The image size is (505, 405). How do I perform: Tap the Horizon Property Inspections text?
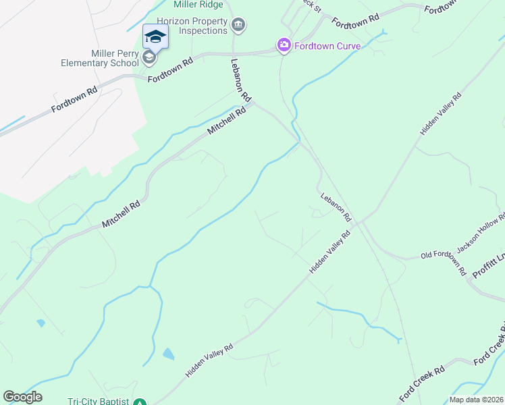[192, 26]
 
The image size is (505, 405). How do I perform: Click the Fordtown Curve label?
[329, 46]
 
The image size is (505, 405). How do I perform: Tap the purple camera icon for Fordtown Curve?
[284, 46]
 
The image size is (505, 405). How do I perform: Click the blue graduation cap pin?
[155, 36]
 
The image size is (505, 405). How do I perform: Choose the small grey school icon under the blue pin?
[149, 57]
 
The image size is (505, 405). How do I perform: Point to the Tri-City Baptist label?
[98, 401]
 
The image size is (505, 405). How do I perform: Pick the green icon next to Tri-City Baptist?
[139, 402]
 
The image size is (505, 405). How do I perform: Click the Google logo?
[22, 397]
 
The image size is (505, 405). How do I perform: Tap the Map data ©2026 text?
[476, 400]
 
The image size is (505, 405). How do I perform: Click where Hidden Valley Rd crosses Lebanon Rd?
[361, 221]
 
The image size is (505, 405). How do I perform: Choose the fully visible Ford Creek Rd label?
[422, 383]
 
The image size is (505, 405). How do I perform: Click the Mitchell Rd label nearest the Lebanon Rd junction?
[225, 119]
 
